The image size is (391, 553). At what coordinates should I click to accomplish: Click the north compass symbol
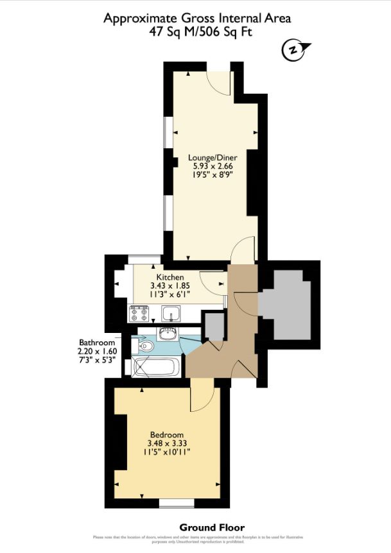294,49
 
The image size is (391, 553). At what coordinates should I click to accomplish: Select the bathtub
157,368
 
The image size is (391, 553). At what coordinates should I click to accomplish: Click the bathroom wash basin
169,333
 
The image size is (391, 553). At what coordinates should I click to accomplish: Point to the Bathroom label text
96,342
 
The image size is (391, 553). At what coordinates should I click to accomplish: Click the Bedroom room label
168,434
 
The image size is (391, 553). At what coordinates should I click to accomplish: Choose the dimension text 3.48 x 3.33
168,443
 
